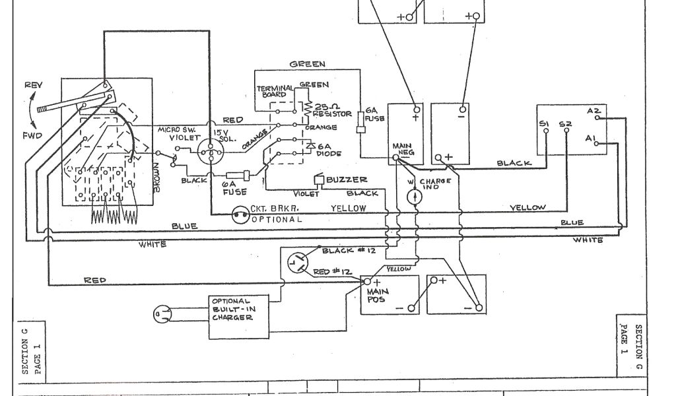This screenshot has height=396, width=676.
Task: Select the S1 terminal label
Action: tap(544, 123)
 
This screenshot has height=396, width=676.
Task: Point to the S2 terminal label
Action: tap(566, 123)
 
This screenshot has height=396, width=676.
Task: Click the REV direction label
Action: tap(32, 86)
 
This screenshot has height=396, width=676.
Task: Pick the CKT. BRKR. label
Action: tap(268, 209)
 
